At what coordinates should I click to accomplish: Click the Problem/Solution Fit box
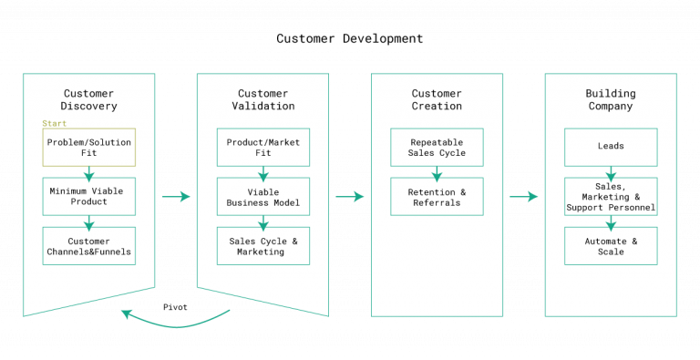(89, 148)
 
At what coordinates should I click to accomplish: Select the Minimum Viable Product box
(89, 196)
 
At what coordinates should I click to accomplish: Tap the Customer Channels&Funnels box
(89, 245)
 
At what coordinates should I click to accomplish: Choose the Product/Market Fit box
(263, 148)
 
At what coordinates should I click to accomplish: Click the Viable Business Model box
(263, 196)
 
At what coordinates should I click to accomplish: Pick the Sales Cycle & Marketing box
(263, 245)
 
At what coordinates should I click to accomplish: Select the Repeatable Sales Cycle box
(437, 148)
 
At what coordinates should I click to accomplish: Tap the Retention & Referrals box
(437, 196)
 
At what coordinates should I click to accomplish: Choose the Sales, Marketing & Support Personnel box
(611, 196)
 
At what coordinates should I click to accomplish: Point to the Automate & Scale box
(611, 245)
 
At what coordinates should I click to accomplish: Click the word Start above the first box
(54, 123)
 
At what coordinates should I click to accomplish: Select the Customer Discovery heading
(89, 99)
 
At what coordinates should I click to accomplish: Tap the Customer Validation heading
(263, 99)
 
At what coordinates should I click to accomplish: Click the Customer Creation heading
(437, 99)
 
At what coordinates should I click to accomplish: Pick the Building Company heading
(611, 99)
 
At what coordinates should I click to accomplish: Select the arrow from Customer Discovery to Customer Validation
(176, 196)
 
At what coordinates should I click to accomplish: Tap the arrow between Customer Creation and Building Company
(523, 196)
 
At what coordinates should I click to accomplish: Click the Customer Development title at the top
(350, 39)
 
